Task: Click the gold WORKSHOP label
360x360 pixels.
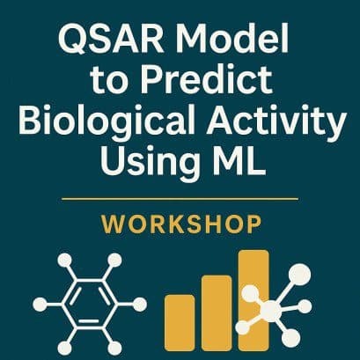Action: tap(180, 225)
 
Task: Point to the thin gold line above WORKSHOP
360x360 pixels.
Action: tap(180, 198)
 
